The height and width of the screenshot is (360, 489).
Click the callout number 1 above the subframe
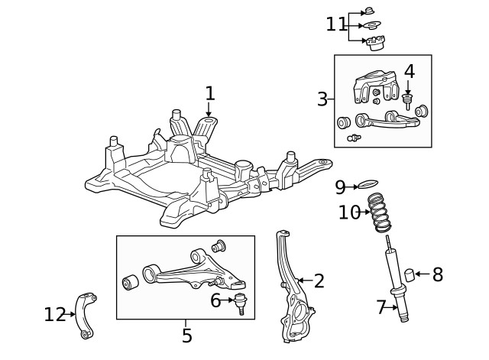tap(210, 94)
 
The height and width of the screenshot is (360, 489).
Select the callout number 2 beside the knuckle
tap(319, 281)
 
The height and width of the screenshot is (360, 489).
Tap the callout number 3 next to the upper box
tap(322, 99)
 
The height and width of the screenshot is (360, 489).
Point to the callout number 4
tap(409, 72)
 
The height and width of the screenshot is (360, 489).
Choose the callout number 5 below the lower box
tap(186, 334)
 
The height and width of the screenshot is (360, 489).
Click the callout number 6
tap(216, 301)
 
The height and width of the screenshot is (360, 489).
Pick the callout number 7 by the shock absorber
tap(381, 307)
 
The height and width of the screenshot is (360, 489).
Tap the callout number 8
tap(437, 275)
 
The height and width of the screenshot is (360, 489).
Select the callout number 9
tap(340, 186)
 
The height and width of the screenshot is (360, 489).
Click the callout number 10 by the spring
tap(348, 212)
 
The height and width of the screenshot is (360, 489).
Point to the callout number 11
tap(335, 24)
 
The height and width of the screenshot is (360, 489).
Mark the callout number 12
tap(54, 313)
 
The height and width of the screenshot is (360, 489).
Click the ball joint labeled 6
tap(240, 303)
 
